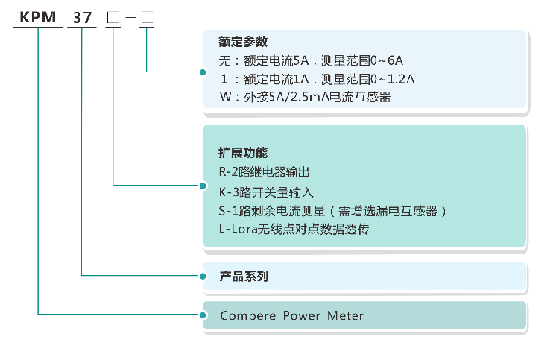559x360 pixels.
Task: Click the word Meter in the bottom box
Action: (x=345, y=316)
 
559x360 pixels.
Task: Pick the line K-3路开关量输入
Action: (x=266, y=191)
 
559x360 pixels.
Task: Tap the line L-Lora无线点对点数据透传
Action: (x=294, y=230)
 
